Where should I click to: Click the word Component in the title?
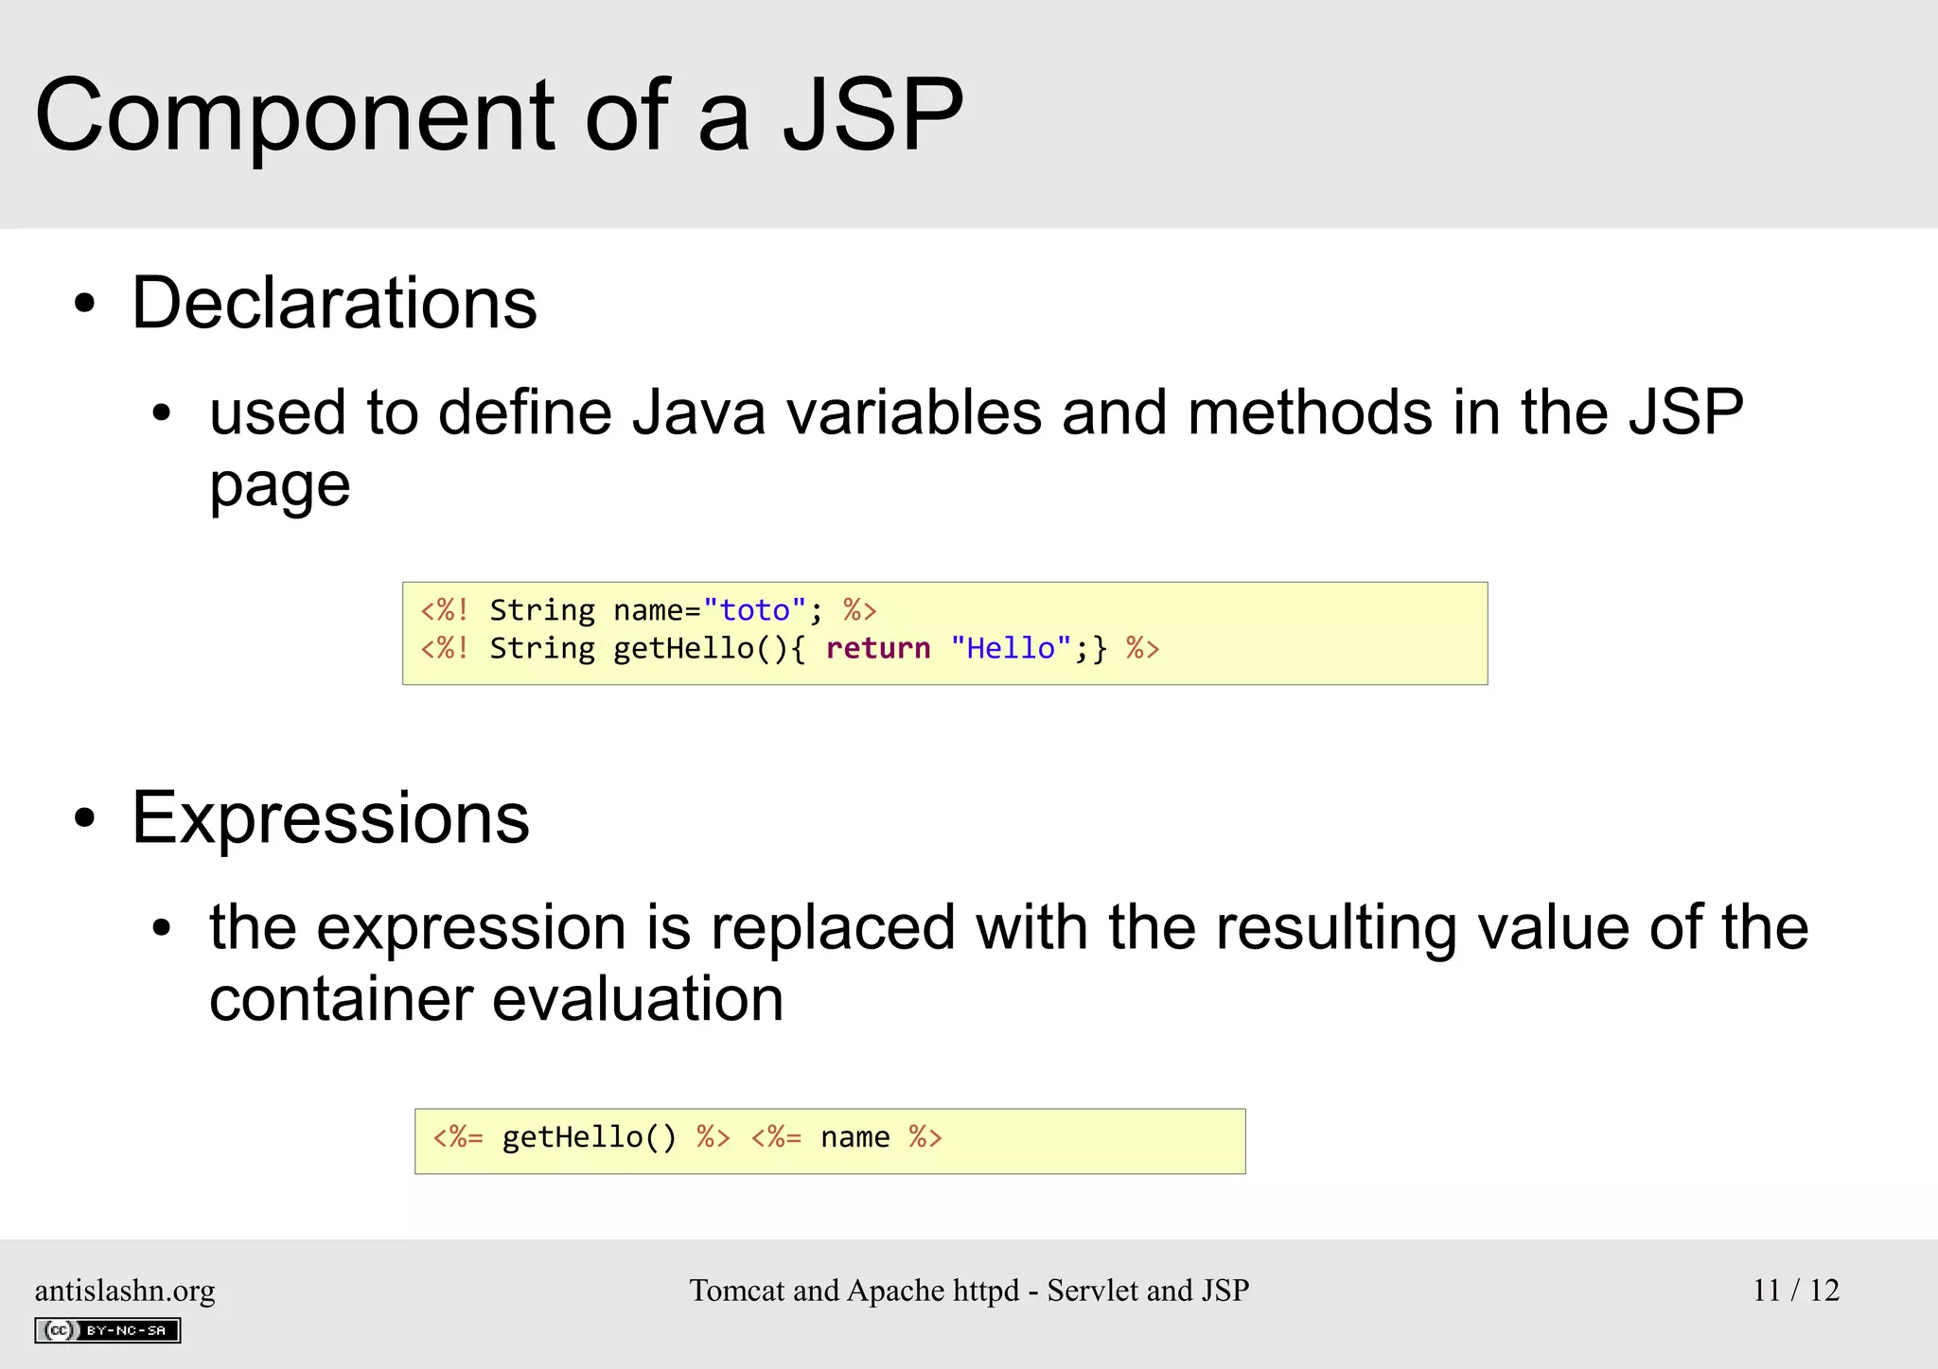tap(293, 115)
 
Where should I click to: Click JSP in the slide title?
tap(872, 115)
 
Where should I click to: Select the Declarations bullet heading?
tap(334, 303)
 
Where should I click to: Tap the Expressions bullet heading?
tap(330, 818)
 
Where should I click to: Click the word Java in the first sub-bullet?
tap(698, 413)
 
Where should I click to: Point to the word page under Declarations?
tap(279, 487)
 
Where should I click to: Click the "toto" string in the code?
tap(754, 610)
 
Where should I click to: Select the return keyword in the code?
tap(878, 649)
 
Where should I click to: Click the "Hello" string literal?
tap(1011, 649)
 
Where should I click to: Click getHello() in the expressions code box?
tap(589, 1137)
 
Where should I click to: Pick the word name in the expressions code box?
tap(854, 1137)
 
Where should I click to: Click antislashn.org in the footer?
tap(125, 1290)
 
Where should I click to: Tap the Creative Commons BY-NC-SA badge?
tap(108, 1330)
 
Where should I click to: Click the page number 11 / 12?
tap(1795, 1290)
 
